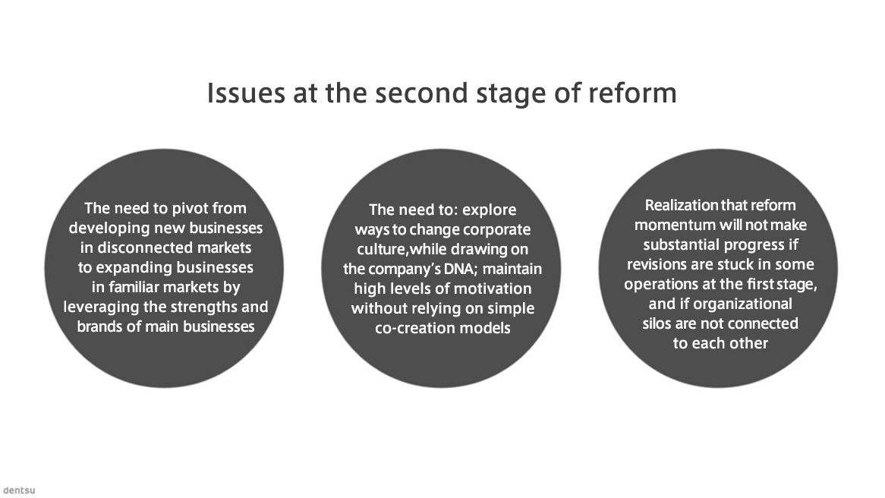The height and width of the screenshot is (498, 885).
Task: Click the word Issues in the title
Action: pyautogui.click(x=245, y=93)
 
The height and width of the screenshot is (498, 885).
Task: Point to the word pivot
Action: pyautogui.click(x=190, y=208)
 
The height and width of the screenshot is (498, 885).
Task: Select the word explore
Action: pyautogui.click(x=489, y=210)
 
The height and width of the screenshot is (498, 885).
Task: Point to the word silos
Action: pyautogui.click(x=655, y=323)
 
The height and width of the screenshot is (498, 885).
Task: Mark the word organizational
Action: pyautogui.click(x=743, y=304)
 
